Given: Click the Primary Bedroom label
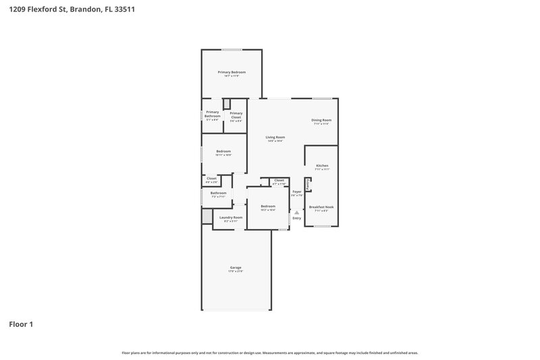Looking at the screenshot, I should [232, 72].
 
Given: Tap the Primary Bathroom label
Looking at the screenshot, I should [212, 114].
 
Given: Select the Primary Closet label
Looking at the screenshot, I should [236, 115].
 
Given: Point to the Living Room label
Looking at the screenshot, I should [275, 137].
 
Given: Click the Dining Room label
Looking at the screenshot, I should [321, 120].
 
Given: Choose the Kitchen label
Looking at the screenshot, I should [322, 165].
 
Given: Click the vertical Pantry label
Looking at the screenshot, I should [308, 184].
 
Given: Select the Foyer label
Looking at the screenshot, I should [296, 192].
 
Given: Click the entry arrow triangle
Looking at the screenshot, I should [296, 212].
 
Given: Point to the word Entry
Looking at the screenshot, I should [296, 218].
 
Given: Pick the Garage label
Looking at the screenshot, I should [236, 267].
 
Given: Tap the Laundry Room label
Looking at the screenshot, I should [231, 217].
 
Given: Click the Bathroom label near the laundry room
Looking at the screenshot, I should [218, 193].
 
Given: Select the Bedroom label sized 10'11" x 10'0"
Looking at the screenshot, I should [223, 151].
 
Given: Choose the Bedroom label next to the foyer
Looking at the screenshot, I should [268, 206].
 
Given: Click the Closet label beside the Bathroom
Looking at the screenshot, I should [211, 178].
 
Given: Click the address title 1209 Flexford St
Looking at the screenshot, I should [71, 10].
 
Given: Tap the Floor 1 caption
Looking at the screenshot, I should [20, 324].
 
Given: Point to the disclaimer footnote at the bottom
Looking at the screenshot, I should [270, 353].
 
